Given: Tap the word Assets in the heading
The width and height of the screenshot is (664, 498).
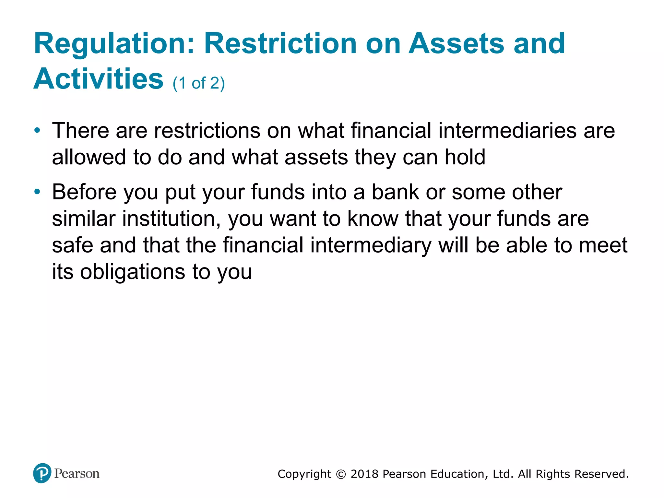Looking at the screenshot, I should pyautogui.click(x=456, y=44).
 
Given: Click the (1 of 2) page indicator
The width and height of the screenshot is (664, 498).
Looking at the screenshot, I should pyautogui.click(x=198, y=83).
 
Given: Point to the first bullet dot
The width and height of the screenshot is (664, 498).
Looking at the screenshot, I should pyautogui.click(x=38, y=131).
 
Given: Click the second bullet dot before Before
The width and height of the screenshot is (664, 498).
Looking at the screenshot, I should pyautogui.click(x=38, y=192).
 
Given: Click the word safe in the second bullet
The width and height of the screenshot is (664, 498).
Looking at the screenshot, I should pyautogui.click(x=72, y=245).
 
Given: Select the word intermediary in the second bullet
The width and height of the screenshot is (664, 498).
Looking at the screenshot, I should pyautogui.click(x=371, y=245).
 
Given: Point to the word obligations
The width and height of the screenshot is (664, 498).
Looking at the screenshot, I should pyautogui.click(x=132, y=272).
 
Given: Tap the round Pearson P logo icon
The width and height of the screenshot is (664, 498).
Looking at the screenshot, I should pyautogui.click(x=42, y=473).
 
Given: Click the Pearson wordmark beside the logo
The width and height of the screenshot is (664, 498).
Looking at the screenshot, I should pyautogui.click(x=77, y=474).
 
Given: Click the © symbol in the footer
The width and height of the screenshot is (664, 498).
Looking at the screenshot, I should pyautogui.click(x=341, y=474).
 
